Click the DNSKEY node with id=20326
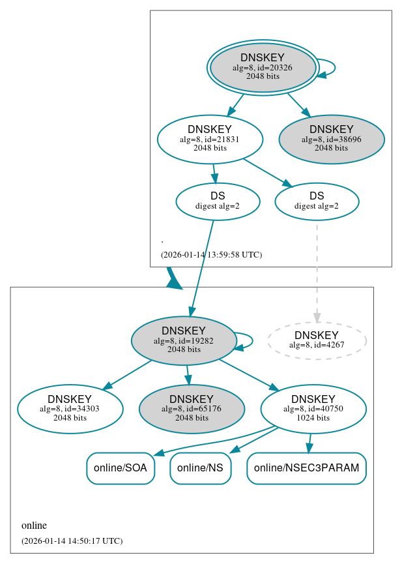(x=263, y=67)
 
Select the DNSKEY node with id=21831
(x=210, y=139)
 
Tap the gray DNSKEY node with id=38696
(x=331, y=139)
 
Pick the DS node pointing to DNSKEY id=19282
(x=218, y=201)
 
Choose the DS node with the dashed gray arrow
(x=317, y=201)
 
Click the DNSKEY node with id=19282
(x=184, y=340)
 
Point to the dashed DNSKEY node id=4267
(x=317, y=340)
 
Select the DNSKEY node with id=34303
(x=70, y=409)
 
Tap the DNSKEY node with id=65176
(x=192, y=409)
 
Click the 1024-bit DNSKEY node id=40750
(x=313, y=409)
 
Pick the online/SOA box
(x=121, y=468)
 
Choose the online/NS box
(x=200, y=468)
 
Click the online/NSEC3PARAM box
(x=306, y=468)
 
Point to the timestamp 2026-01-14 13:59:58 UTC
(x=211, y=254)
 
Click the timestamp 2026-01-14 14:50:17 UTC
(x=72, y=541)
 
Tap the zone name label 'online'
(x=34, y=526)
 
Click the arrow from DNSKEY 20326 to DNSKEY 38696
(x=298, y=104)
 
